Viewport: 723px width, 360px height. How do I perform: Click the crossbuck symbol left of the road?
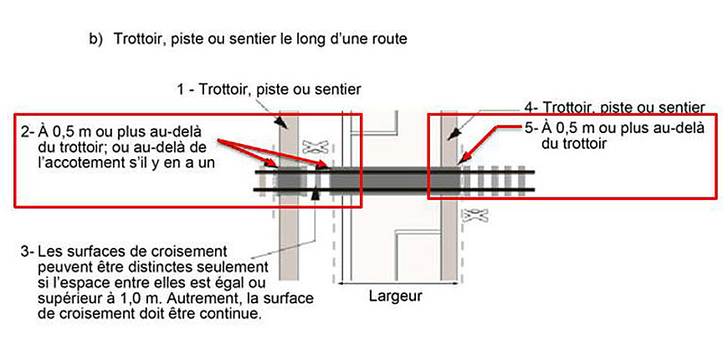coord(314,147)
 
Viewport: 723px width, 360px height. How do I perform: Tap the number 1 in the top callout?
coord(182,90)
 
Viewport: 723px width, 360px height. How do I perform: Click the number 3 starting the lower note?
coord(28,251)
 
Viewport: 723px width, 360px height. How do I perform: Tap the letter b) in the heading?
coord(95,39)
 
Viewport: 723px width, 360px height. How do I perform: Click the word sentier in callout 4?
coord(683,108)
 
